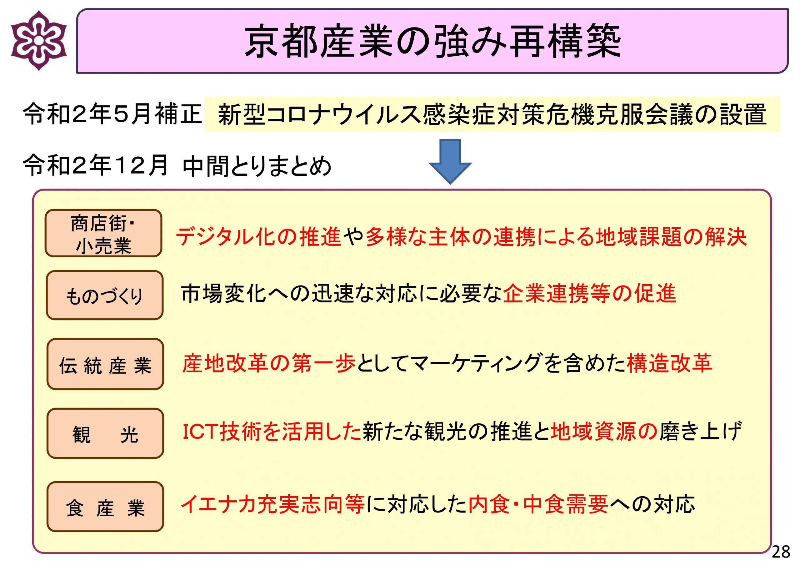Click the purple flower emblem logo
point(38,40)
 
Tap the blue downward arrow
point(450,161)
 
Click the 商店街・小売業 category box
point(103,233)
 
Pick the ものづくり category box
point(104,295)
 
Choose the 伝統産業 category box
point(105,364)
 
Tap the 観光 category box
point(105,433)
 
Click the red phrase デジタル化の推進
point(258,237)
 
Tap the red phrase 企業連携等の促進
point(590,294)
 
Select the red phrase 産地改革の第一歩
point(269,363)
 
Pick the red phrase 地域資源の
point(604,432)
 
